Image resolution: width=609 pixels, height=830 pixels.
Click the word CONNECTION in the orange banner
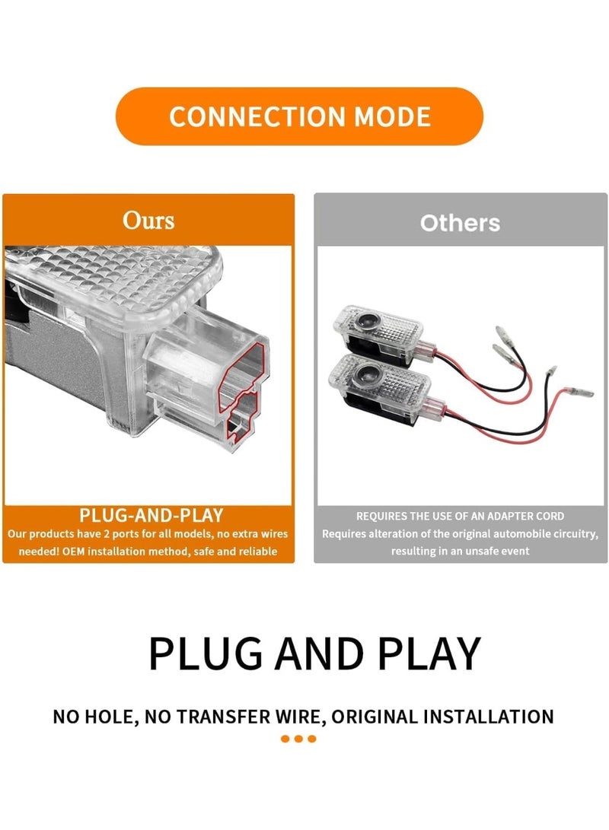pos(257,116)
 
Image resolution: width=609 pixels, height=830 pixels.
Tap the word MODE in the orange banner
pos(392,116)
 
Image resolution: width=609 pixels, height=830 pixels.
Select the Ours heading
pos(148,220)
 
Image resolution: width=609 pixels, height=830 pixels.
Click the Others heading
pos(460,223)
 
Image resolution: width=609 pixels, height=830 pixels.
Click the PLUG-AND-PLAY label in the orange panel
pos(151,515)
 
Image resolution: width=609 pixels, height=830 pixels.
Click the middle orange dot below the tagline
pos(298,739)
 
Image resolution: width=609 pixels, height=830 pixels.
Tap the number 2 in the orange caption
pos(107,534)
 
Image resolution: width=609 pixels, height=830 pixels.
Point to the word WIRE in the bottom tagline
pos(301,717)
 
